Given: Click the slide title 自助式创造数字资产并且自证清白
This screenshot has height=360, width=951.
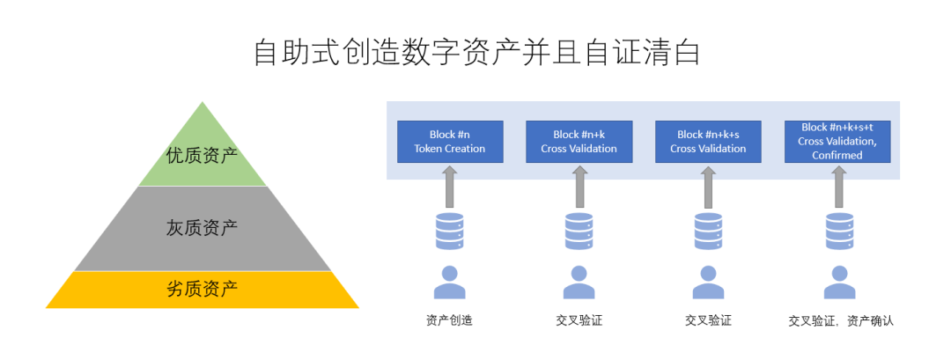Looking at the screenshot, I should [x=476, y=52].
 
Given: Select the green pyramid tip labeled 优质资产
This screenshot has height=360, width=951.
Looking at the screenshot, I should [x=202, y=156].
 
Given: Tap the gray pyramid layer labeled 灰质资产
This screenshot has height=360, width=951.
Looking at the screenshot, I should [x=202, y=228].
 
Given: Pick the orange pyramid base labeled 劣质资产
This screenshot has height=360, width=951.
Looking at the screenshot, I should [x=202, y=289].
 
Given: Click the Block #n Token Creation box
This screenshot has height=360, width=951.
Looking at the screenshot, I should [x=450, y=142].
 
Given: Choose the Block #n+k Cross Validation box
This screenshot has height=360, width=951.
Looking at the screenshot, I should [x=579, y=142].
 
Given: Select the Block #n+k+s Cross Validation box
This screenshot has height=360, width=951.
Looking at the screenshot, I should [x=708, y=142].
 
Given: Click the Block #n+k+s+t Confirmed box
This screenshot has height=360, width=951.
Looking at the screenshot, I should [x=837, y=142].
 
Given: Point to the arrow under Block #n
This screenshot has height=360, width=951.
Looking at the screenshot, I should [x=450, y=187].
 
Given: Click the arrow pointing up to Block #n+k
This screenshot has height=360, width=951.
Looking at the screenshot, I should [x=579, y=187].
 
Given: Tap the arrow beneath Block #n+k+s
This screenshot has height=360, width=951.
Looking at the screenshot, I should [x=708, y=187].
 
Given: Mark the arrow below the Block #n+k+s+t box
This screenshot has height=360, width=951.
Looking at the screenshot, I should [x=837, y=187].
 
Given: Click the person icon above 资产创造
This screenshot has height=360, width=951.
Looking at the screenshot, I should [x=450, y=282].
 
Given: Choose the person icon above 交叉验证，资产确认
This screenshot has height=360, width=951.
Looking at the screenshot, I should [x=839, y=282].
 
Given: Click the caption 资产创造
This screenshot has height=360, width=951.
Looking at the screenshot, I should [x=449, y=321].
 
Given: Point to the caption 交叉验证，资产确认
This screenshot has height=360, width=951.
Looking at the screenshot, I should [x=841, y=321].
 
